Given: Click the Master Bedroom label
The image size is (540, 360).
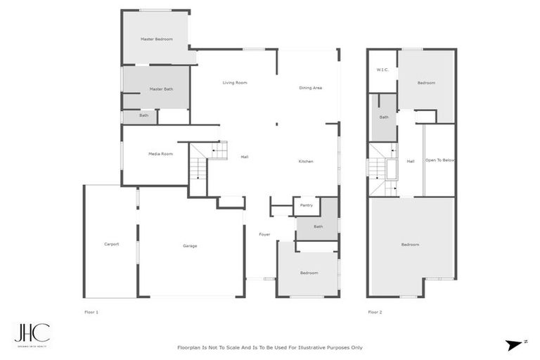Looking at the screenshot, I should tap(156, 39).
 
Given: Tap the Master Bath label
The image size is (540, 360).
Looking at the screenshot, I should tap(161, 89).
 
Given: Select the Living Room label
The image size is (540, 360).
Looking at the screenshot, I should tap(235, 83).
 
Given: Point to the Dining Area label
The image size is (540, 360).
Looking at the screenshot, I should tap(310, 88).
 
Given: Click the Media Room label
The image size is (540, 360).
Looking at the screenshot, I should tap(160, 154).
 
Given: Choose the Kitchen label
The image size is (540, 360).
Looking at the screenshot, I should tap(306, 162).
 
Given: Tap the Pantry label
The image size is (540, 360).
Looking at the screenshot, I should tap(306, 205).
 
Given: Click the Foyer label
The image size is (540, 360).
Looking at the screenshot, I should tap(264, 234).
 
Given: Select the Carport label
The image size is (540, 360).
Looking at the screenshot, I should tap(111, 244).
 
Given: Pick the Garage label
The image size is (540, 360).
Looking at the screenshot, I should tap(190, 246).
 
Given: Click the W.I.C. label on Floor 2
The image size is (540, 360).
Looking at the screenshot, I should tap(382, 70).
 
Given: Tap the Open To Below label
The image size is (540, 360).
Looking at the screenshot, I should tap(439, 160).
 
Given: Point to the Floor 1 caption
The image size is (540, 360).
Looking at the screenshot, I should tap(91, 311).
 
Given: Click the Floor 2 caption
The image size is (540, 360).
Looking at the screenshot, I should tap(375, 311).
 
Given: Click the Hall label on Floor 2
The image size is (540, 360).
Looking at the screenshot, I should tap(410, 161).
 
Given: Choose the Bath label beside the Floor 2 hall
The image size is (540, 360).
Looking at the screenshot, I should tap(384, 117).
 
